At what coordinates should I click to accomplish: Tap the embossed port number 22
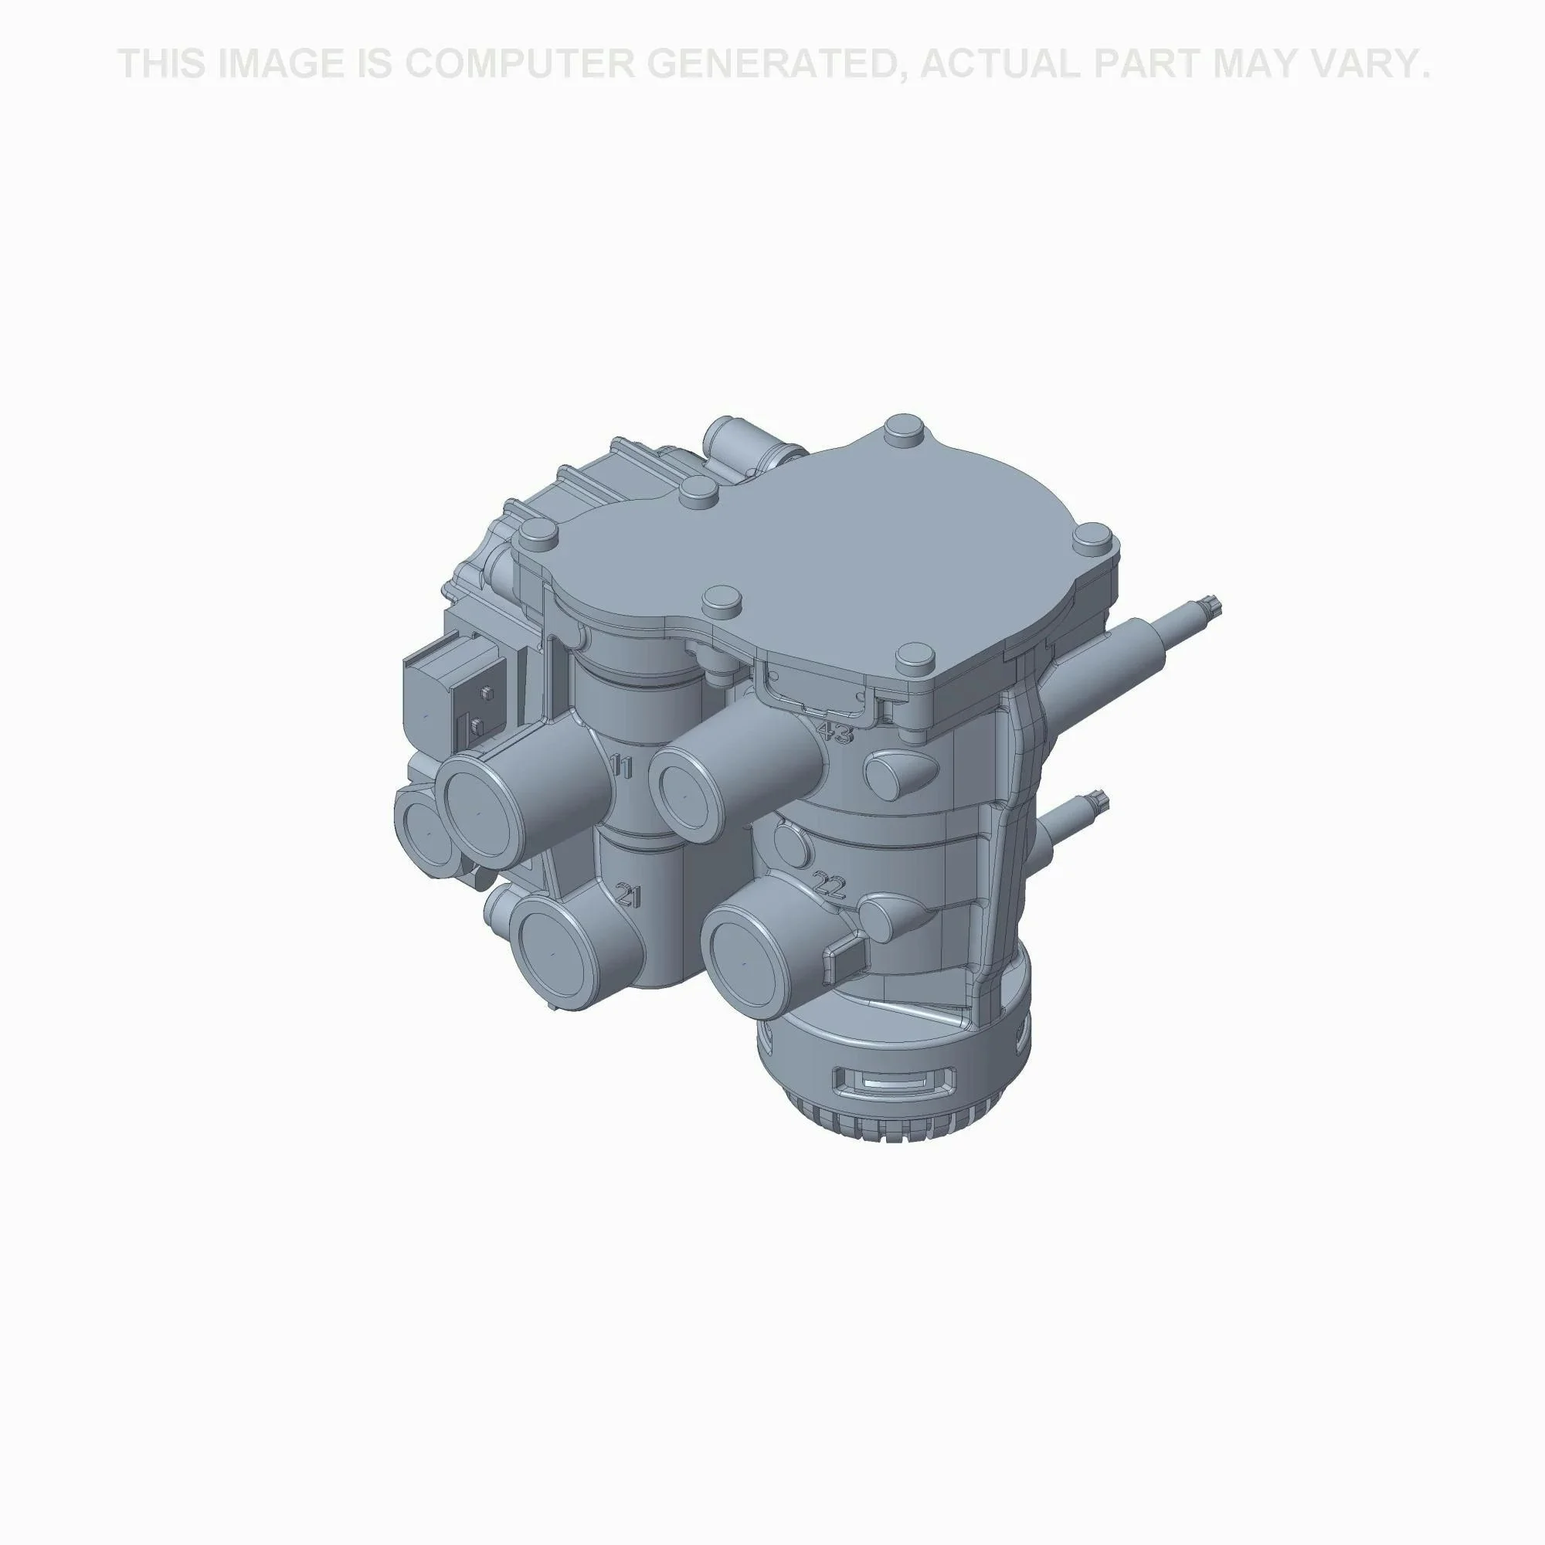[828, 885]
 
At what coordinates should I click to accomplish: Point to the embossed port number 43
[835, 732]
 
